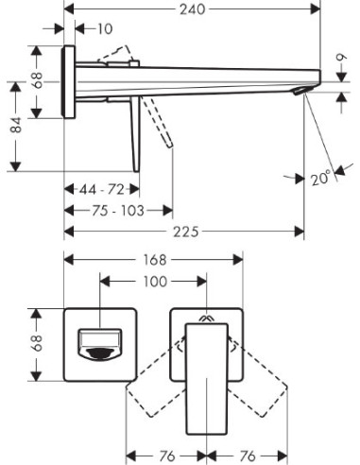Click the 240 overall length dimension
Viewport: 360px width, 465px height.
point(190,8)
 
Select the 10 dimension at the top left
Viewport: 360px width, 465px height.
point(104,28)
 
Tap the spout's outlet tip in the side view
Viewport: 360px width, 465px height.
point(302,91)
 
